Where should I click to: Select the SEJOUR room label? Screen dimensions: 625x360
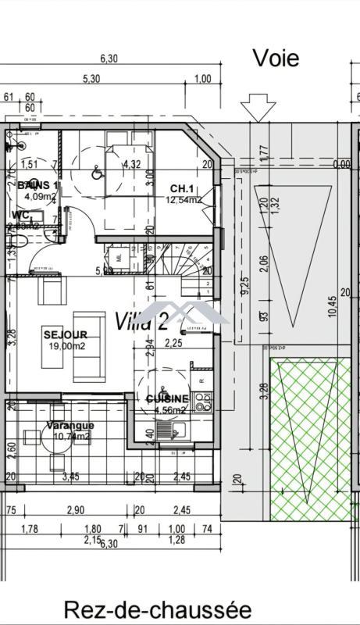tap(66, 335)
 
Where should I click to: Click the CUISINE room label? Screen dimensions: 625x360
tap(167, 398)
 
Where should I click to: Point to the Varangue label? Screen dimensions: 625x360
tap(70, 426)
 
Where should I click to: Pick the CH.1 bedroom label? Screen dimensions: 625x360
tap(183, 189)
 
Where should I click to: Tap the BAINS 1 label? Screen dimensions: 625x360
tap(37, 185)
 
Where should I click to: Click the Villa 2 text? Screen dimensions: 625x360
tap(141, 321)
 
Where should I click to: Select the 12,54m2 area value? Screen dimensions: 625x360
tap(184, 200)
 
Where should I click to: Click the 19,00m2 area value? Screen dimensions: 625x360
tap(66, 346)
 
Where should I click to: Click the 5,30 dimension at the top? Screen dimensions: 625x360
tap(92, 79)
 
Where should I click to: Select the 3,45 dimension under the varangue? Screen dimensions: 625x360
tap(71, 476)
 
